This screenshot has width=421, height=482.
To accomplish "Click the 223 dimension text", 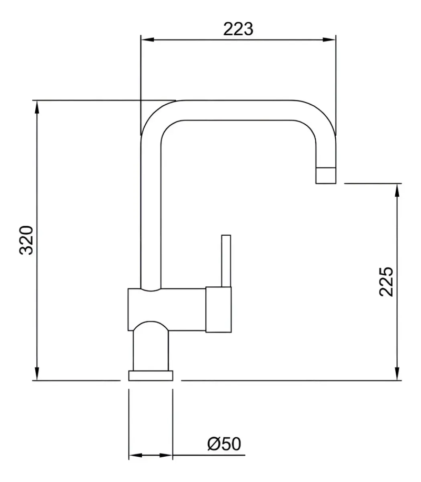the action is pos(238,29).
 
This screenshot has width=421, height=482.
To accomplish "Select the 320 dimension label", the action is pos(26,240).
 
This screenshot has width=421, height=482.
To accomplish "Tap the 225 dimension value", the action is pos(386,282).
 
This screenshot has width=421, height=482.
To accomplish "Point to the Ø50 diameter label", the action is pos(224,444).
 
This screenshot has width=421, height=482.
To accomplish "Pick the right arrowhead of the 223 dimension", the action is pos(329,39).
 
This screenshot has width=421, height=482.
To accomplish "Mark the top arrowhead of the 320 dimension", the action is pos(37,107).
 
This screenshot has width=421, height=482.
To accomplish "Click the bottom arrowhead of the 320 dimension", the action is pos(37,374).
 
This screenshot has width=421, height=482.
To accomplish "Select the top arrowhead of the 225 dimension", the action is pos(397,190).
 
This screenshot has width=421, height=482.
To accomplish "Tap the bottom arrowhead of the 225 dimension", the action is pos(397,374).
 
